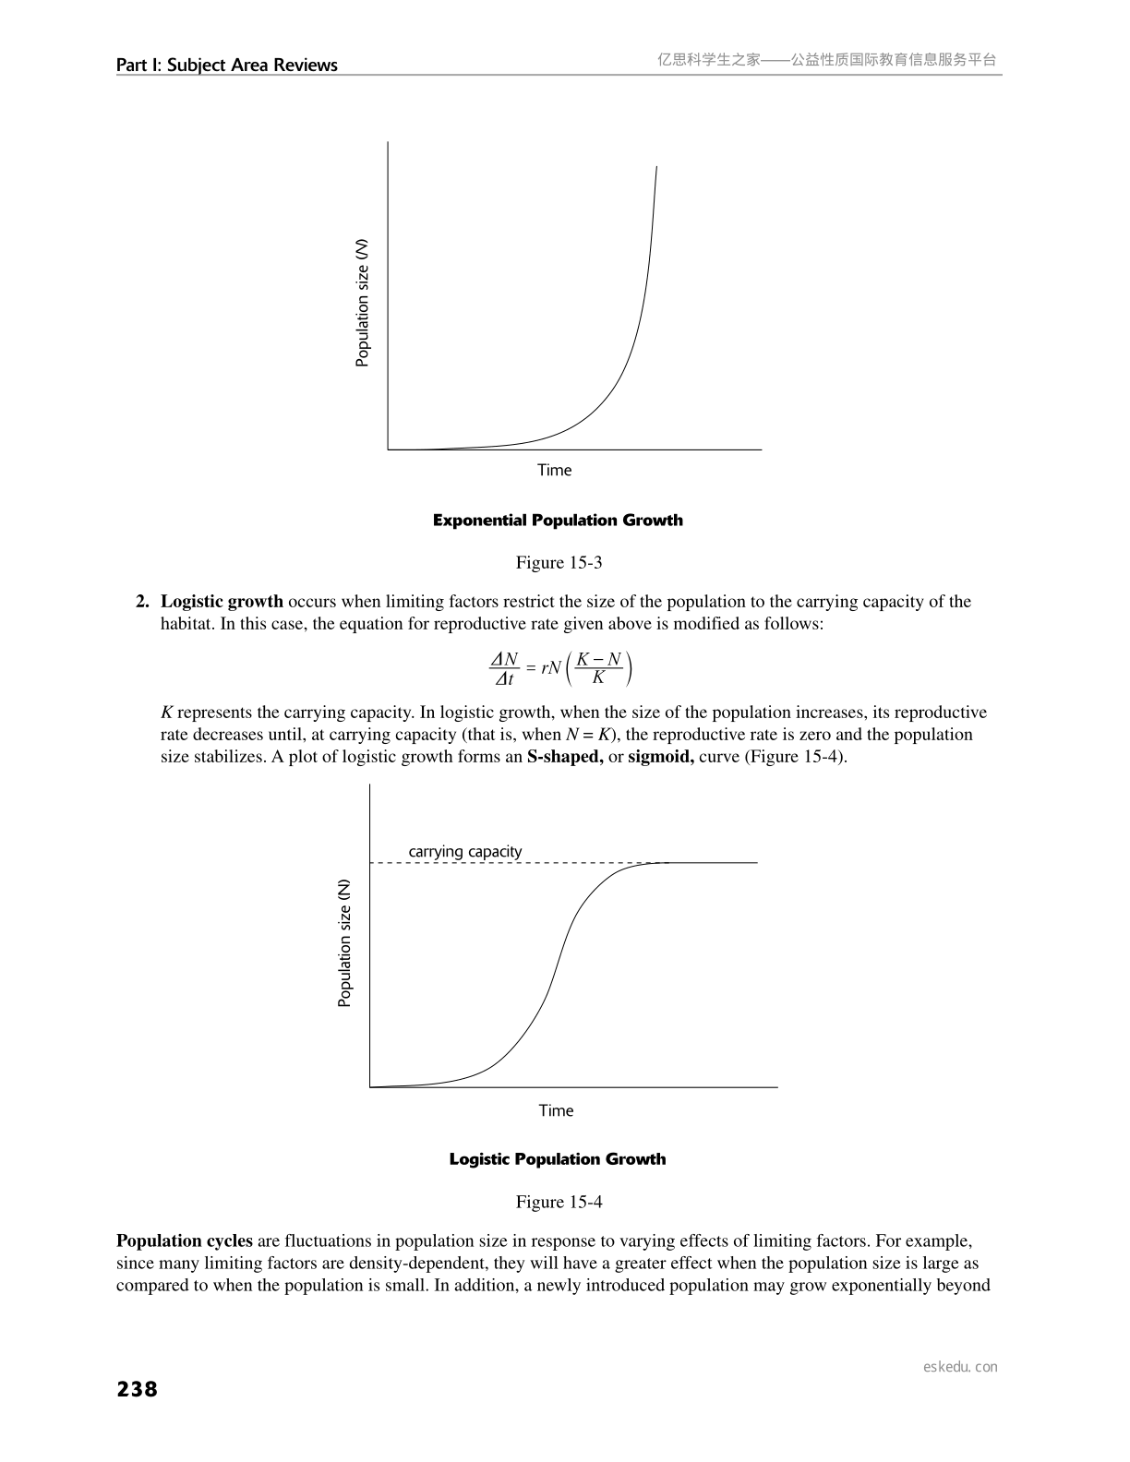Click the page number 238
coord(138,1389)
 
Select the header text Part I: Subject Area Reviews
coord(227,65)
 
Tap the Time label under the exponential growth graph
coord(555,470)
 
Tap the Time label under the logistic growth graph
coord(556,1110)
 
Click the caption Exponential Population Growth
coord(558,520)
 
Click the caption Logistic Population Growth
coord(557,1158)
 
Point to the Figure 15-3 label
coord(559,562)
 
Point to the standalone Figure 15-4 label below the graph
coord(559,1201)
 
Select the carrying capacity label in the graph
coord(465,851)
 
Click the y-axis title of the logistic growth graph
coord(344,942)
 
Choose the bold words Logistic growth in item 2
coord(222,602)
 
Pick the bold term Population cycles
coord(185,1240)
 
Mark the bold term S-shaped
coord(565,757)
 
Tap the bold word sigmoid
coord(661,757)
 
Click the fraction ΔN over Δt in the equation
coord(504,669)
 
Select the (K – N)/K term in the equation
coord(598,668)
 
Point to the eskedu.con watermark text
coord(960,1367)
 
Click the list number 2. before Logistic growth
coord(143,602)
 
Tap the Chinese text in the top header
coord(827,60)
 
